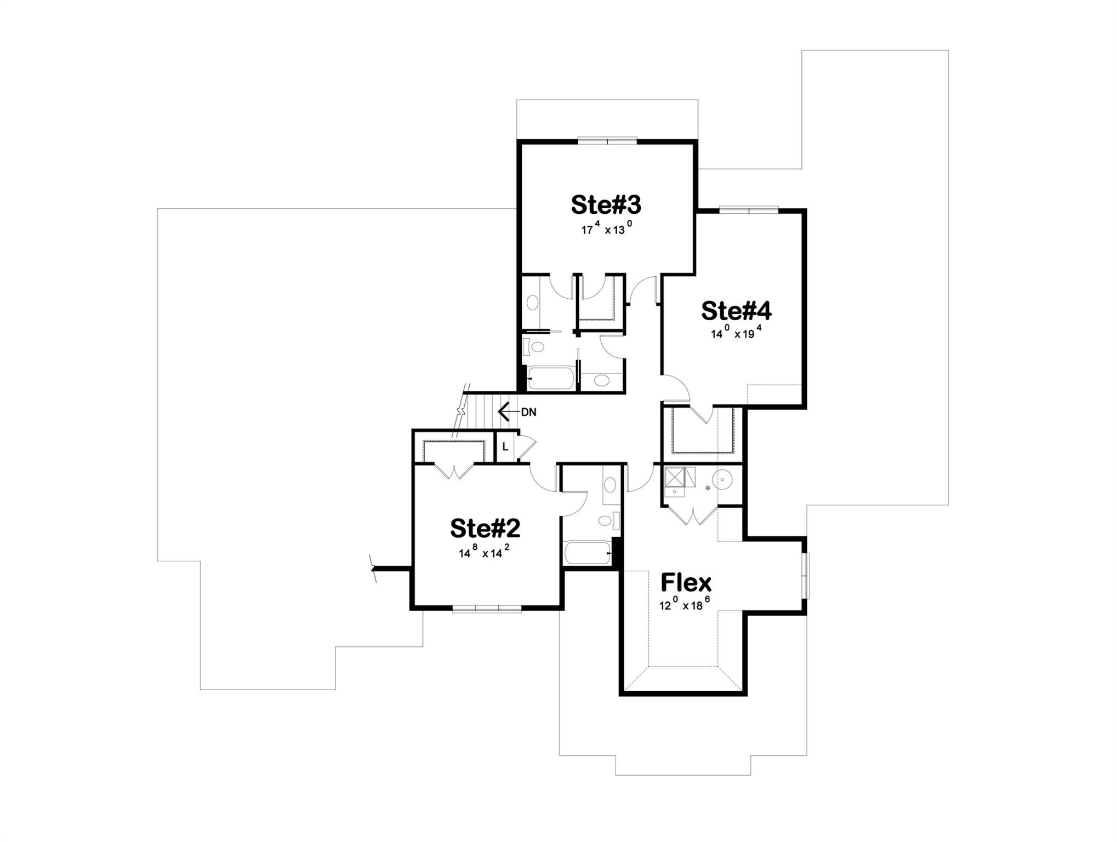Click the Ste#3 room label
pos(606,204)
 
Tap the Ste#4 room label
pos(736,311)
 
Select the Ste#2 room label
pos(485,528)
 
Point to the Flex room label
pos(686,582)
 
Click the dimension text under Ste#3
pos(607,229)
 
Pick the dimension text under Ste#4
pos(736,333)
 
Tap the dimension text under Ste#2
pos(485,553)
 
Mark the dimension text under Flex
pos(685,605)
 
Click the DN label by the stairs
pos(528,412)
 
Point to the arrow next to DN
pos(508,411)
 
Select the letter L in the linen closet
pos(505,447)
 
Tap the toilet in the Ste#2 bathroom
pos(608,520)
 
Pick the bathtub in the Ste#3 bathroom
pos(551,378)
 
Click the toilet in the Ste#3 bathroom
pos(534,347)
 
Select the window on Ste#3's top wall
pos(607,140)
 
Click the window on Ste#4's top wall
pos(749,209)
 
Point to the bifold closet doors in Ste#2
pos(454,471)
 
